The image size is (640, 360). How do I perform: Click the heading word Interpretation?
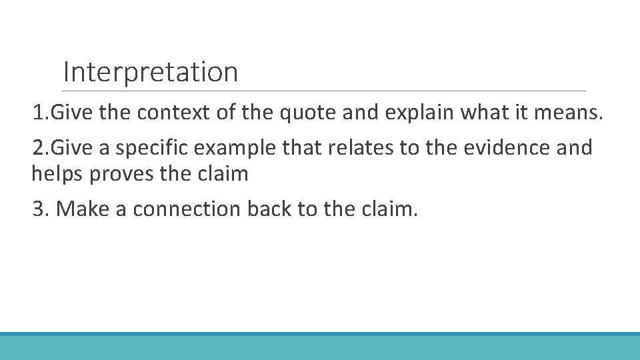150,72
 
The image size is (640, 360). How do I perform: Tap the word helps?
57,175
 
